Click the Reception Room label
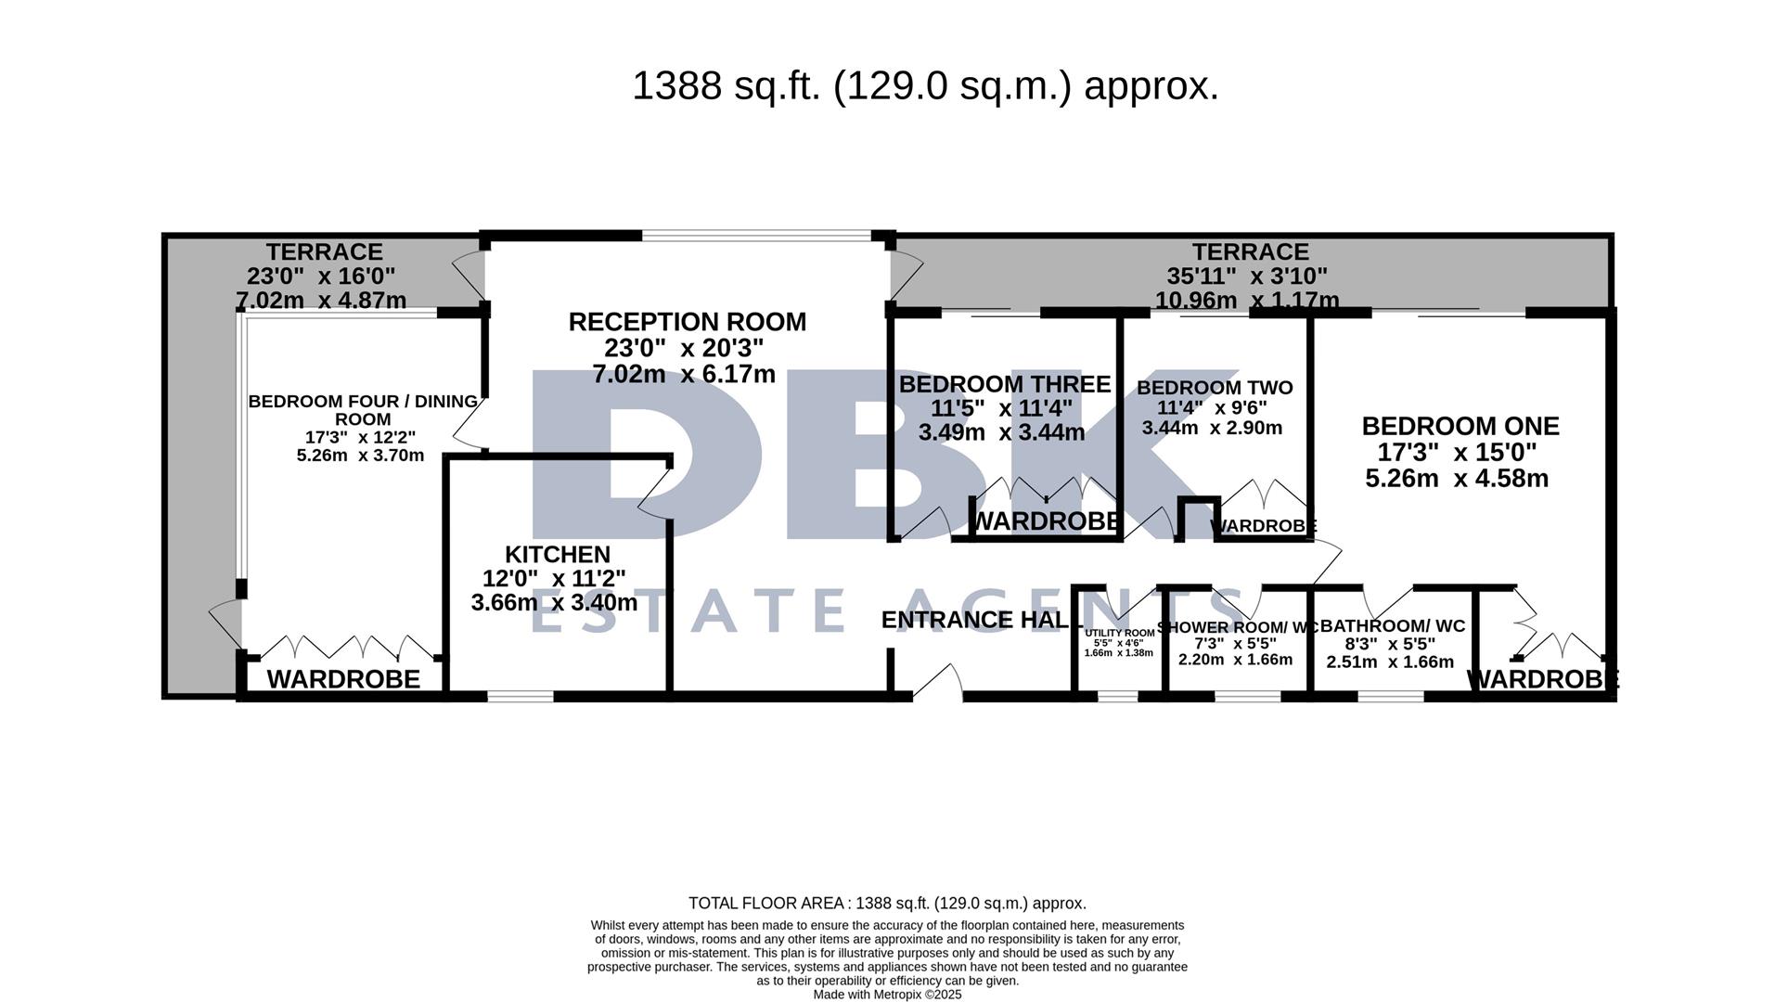point(687,322)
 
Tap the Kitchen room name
point(557,554)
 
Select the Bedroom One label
point(1460,426)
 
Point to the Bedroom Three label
point(1004,384)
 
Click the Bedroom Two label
point(1214,387)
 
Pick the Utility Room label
point(1119,633)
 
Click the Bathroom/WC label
point(1392,626)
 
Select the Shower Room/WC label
point(1236,627)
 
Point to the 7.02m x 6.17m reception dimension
point(684,375)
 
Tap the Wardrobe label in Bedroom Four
point(343,679)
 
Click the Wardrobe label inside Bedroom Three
point(1046,521)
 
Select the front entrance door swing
point(939,681)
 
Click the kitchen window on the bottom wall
point(520,695)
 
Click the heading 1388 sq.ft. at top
point(924,86)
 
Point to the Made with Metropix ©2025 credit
point(887,995)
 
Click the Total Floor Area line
point(887,903)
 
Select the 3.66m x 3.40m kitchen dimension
point(554,603)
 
